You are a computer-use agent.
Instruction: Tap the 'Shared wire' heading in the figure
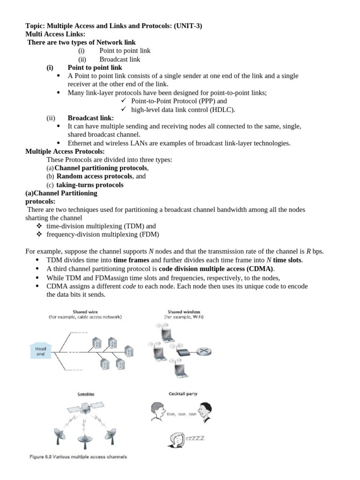coord(85,311)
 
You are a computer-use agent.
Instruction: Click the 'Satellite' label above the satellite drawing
coord(86,394)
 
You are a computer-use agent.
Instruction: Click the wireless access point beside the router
coord(180,350)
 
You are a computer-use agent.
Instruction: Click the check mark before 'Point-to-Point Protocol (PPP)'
coord(124,101)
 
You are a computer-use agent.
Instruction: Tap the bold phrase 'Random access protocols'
coord(95,176)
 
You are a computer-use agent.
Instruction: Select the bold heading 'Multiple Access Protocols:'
coord(65,151)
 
